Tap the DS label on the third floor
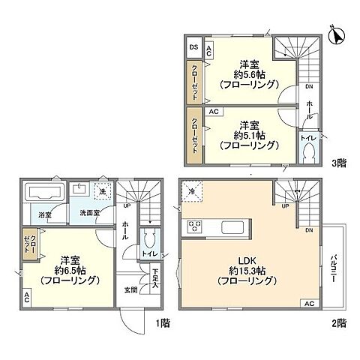click(193, 47)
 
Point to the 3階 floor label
click(337, 161)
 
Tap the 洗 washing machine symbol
click(100, 193)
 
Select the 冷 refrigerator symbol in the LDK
click(191, 191)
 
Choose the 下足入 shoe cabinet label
click(155, 278)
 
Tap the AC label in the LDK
click(307, 304)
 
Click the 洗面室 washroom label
click(91, 214)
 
